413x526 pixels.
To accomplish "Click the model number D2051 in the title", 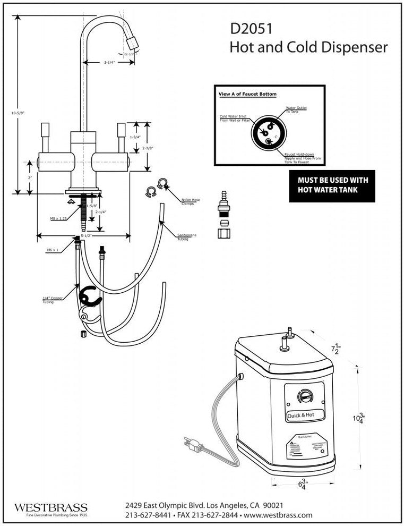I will click(x=250, y=29).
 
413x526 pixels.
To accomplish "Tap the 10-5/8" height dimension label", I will click(x=17, y=113).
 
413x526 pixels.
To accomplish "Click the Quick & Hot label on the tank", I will click(x=305, y=415).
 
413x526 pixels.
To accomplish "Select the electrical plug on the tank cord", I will click(x=192, y=445).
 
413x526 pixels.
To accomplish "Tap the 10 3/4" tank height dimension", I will click(x=359, y=418).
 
